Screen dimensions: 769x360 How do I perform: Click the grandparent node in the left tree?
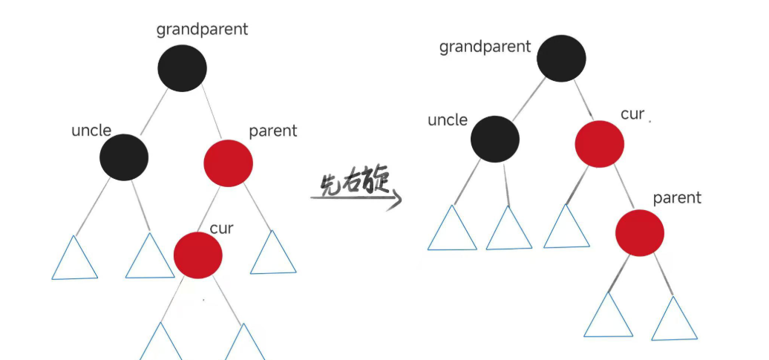click(182, 68)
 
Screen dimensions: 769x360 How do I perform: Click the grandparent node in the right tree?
click(561, 59)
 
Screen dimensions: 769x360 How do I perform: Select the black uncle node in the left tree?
click(124, 157)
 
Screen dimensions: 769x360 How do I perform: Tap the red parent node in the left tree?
click(228, 163)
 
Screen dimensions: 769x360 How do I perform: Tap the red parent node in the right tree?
click(639, 233)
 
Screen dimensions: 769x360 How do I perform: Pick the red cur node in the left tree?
click(197, 254)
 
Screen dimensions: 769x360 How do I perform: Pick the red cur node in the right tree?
click(599, 143)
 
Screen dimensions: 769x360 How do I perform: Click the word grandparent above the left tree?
click(202, 30)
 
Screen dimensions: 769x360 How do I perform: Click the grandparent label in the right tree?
click(485, 47)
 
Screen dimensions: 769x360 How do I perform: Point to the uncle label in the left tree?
click(91, 131)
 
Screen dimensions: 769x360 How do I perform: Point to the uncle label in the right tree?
click(448, 120)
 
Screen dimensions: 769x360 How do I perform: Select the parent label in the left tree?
click(272, 131)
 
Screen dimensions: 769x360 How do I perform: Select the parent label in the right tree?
click(676, 198)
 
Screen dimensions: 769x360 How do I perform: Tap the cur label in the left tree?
click(221, 228)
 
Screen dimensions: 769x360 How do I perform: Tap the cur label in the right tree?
click(632, 114)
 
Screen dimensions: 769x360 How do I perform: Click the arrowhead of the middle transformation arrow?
click(396, 199)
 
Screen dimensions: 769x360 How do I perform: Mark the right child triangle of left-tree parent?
click(273, 254)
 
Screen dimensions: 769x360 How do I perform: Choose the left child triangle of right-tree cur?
click(566, 227)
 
